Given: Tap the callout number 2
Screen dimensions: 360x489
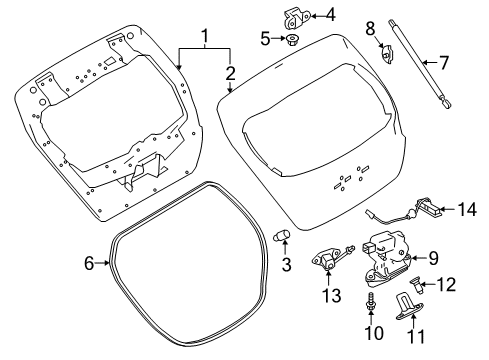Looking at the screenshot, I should (x=230, y=72).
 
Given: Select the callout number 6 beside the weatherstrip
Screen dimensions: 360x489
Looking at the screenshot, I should (x=88, y=264).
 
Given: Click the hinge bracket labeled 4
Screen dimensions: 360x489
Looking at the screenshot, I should (x=294, y=16).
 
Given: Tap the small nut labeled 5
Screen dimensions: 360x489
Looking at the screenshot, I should (x=295, y=40).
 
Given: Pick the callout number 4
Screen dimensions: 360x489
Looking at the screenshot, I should (x=331, y=15).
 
